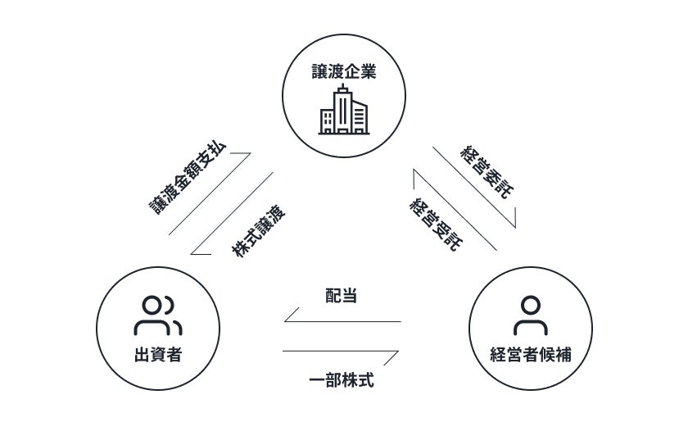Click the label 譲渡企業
(343, 72)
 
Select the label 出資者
(157, 355)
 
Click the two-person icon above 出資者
(157, 315)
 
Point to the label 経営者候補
(530, 355)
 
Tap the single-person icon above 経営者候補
(530, 315)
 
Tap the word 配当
(341, 296)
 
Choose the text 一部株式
(341, 381)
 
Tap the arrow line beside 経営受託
(455, 209)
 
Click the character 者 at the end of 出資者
(174, 355)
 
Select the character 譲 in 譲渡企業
(319, 72)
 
